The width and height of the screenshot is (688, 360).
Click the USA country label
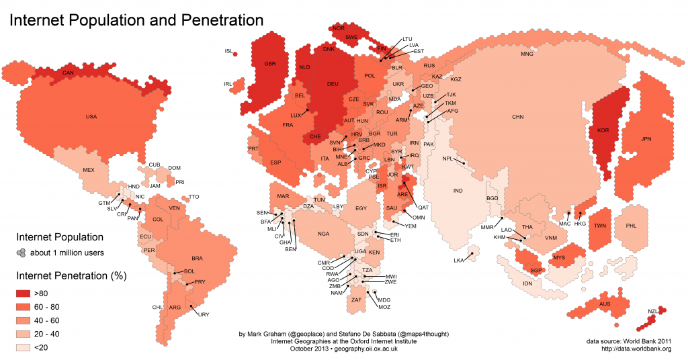(91, 117)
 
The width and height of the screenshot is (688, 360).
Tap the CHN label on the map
(517, 118)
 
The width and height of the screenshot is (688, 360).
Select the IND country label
(458, 191)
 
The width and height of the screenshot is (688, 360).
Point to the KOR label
(603, 130)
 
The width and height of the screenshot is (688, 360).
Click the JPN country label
(646, 140)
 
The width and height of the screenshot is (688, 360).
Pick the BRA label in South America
(197, 259)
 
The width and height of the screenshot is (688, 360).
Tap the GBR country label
(270, 64)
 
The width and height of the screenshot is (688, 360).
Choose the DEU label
(333, 84)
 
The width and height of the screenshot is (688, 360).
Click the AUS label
(605, 305)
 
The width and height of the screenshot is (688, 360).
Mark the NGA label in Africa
(324, 234)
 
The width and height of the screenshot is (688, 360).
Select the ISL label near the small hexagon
(228, 51)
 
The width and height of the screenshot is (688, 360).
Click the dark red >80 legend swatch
(26, 294)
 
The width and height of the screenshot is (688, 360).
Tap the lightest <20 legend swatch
(26, 347)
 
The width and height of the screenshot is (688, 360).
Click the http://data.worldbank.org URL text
(636, 349)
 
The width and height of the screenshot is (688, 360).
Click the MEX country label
(89, 171)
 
